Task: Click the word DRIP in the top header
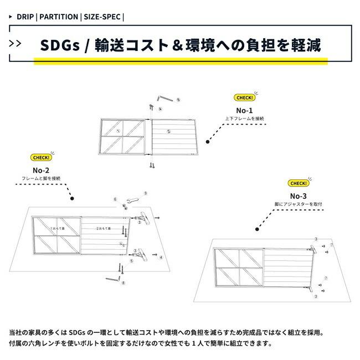point(25,17)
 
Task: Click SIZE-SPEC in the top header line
point(102,17)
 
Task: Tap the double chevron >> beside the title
point(17,44)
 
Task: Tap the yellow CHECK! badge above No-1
point(244,97)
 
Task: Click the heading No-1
point(244,110)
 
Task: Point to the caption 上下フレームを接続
point(244,119)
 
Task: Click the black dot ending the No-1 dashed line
point(208,142)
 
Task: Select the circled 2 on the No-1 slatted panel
point(168,131)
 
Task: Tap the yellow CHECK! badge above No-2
point(40,157)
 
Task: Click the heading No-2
point(41,170)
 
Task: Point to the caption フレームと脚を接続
point(41,178)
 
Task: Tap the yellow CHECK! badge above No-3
point(298,183)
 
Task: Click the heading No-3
point(298,196)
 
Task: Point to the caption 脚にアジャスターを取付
point(298,204)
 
